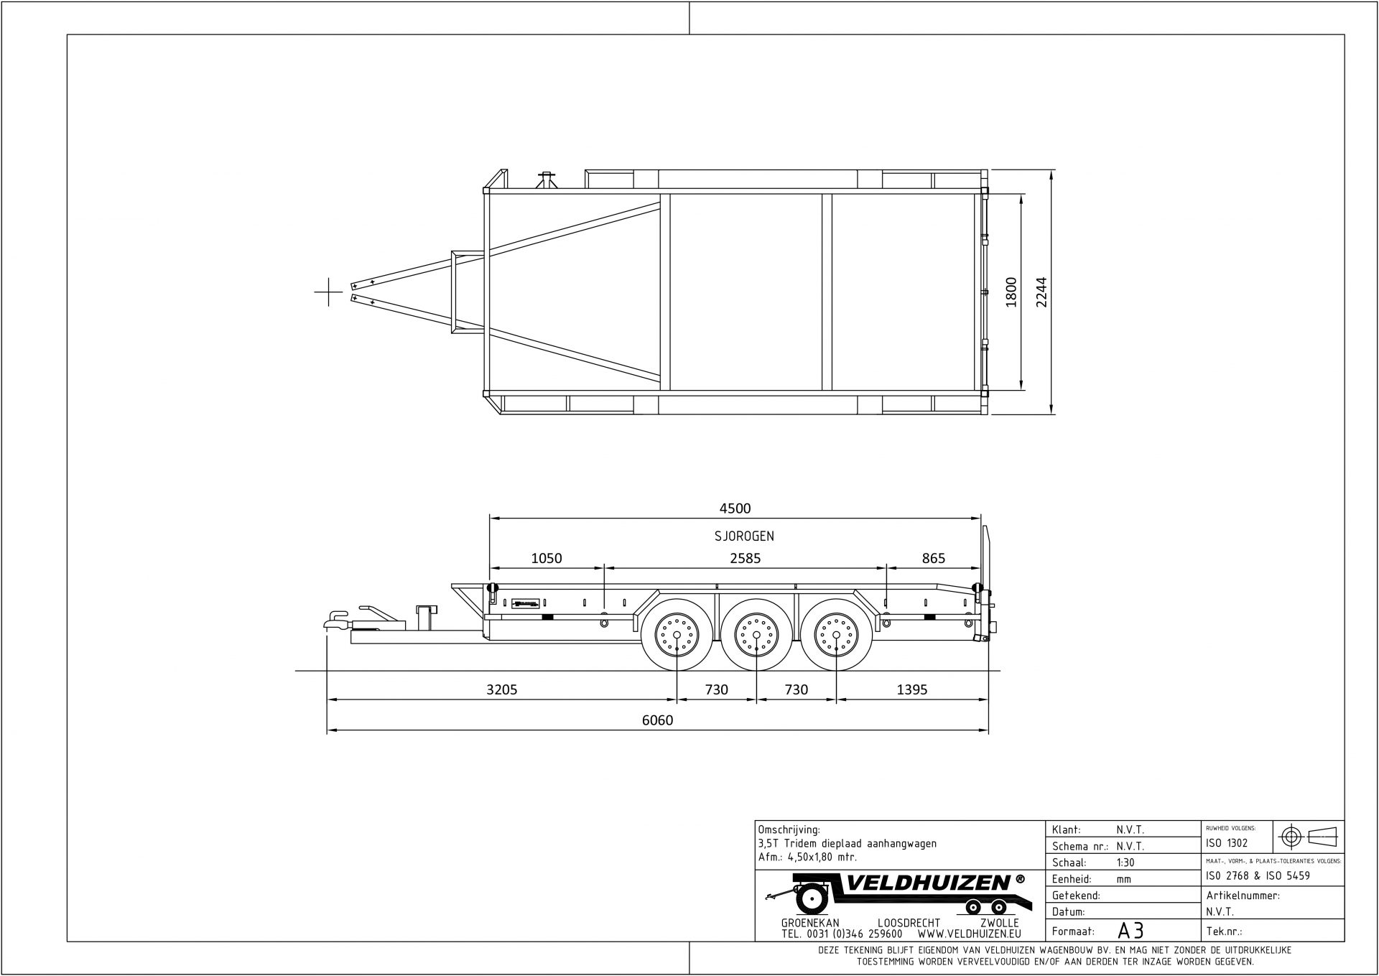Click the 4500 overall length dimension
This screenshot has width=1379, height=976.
tap(735, 508)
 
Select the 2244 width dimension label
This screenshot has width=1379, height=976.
tap(1041, 292)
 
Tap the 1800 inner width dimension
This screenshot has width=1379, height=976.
tap(1011, 292)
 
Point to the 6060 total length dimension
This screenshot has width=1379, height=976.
tap(657, 720)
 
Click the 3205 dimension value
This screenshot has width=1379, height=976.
tap(501, 690)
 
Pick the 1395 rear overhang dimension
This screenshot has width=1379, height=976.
tap(912, 690)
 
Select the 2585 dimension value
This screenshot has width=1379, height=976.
tap(745, 558)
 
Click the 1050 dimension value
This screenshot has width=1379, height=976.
tap(546, 558)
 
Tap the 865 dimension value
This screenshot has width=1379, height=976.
tap(933, 558)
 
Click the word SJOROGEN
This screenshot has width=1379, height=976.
tap(744, 536)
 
